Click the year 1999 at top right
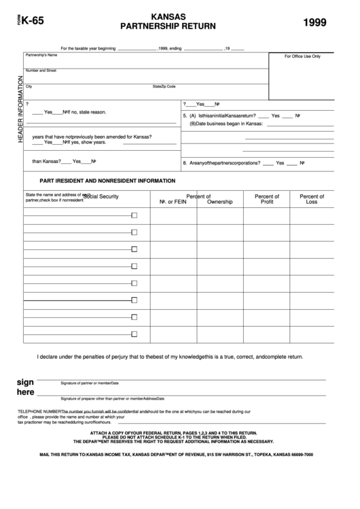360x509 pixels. tap(314, 22)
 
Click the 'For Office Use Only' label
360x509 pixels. tap(302, 56)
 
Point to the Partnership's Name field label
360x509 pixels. tap(41, 54)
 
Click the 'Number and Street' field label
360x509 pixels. tap(41, 70)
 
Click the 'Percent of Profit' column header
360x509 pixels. tap(267, 199)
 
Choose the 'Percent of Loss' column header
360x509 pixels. tap(312, 199)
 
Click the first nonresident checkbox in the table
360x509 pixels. tap(134, 215)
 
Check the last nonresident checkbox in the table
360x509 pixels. tap(134, 332)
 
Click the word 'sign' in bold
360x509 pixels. tap(25, 382)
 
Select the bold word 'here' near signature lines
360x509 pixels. tap(25, 393)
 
